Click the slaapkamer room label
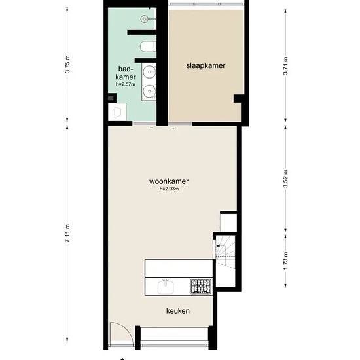click(x=206, y=65)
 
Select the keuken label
click(x=177, y=311)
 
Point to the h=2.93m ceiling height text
click(x=169, y=189)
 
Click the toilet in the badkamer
click(x=149, y=46)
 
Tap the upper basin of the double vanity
click(x=150, y=72)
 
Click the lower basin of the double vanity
click(x=150, y=92)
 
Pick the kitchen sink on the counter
click(x=164, y=286)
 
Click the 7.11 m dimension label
click(x=67, y=234)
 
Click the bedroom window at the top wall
click(x=206, y=6)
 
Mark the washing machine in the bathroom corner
click(x=118, y=112)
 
